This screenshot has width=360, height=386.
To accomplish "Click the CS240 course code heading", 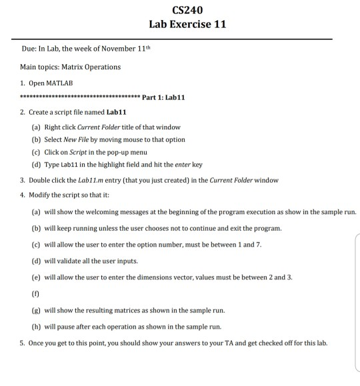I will (187, 10).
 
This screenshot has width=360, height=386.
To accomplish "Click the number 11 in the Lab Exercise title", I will (219, 25).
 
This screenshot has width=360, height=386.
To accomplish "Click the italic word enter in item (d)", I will (182, 165).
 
